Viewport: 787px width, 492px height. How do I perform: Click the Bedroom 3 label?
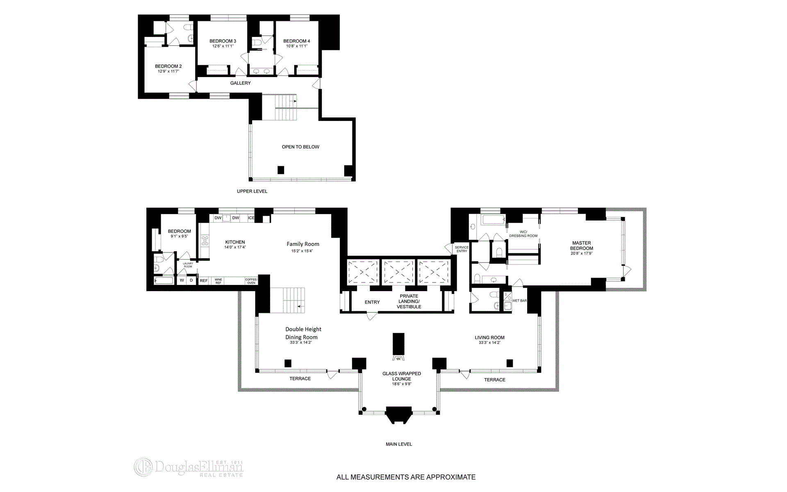point(223,41)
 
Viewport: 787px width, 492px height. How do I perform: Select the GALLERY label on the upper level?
point(241,83)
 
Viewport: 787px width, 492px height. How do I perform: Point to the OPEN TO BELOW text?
point(300,147)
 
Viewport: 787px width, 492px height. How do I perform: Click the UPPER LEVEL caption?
point(252,191)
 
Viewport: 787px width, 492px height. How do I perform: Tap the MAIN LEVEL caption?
point(399,444)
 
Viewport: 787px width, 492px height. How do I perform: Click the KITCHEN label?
point(235,242)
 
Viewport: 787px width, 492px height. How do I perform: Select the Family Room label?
point(303,244)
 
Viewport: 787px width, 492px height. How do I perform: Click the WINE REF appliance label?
point(218,281)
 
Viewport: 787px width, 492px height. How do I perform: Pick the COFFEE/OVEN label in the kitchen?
point(251,281)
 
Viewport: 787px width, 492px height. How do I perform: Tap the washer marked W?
point(182,280)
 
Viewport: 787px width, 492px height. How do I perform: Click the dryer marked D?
point(191,280)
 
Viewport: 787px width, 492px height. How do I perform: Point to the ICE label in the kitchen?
point(251,218)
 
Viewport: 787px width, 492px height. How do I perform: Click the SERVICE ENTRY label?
point(462,249)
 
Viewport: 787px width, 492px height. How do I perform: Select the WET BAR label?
point(519,301)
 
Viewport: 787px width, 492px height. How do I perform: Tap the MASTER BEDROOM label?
point(582,246)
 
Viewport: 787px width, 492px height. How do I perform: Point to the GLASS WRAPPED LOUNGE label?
point(402,376)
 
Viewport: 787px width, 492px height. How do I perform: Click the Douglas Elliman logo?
point(189,467)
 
